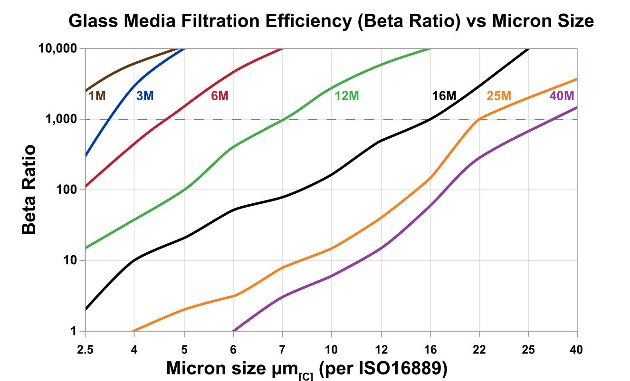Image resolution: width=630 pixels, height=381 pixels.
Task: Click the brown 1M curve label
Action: coord(97,96)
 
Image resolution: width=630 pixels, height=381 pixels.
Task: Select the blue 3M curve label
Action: coord(144,96)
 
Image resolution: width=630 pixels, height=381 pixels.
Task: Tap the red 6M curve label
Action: coord(220,96)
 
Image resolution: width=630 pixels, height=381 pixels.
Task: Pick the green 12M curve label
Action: coord(346,96)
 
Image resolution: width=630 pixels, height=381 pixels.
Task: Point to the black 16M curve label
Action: coord(444,96)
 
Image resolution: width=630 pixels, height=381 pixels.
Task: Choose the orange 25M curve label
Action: coord(499,96)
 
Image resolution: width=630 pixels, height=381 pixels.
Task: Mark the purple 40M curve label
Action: coord(562,96)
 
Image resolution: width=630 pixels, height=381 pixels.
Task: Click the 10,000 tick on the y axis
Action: coord(57,48)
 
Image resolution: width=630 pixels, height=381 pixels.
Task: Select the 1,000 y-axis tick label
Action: coord(61,119)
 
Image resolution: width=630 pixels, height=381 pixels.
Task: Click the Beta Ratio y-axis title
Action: coord(29,189)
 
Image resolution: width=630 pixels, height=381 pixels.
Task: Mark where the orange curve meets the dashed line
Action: coord(479,119)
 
